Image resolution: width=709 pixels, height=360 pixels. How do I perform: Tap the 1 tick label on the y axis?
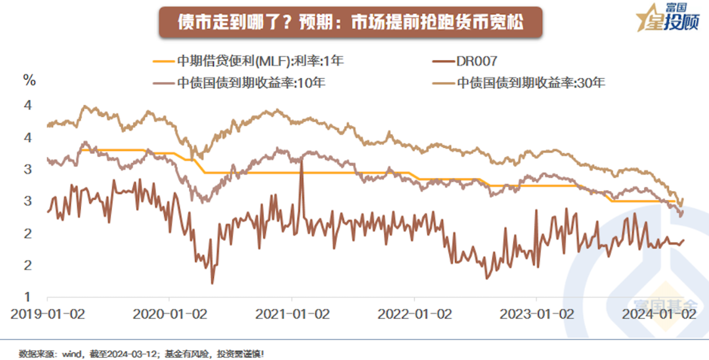(x=27, y=297)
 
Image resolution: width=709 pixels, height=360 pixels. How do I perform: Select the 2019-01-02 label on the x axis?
(x=47, y=313)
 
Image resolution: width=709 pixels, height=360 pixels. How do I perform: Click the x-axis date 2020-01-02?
(x=169, y=313)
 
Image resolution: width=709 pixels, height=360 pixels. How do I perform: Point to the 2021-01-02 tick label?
(x=292, y=313)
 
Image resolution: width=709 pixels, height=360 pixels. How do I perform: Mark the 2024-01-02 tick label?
(x=659, y=313)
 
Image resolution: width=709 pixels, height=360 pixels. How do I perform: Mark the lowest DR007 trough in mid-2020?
(x=212, y=283)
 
